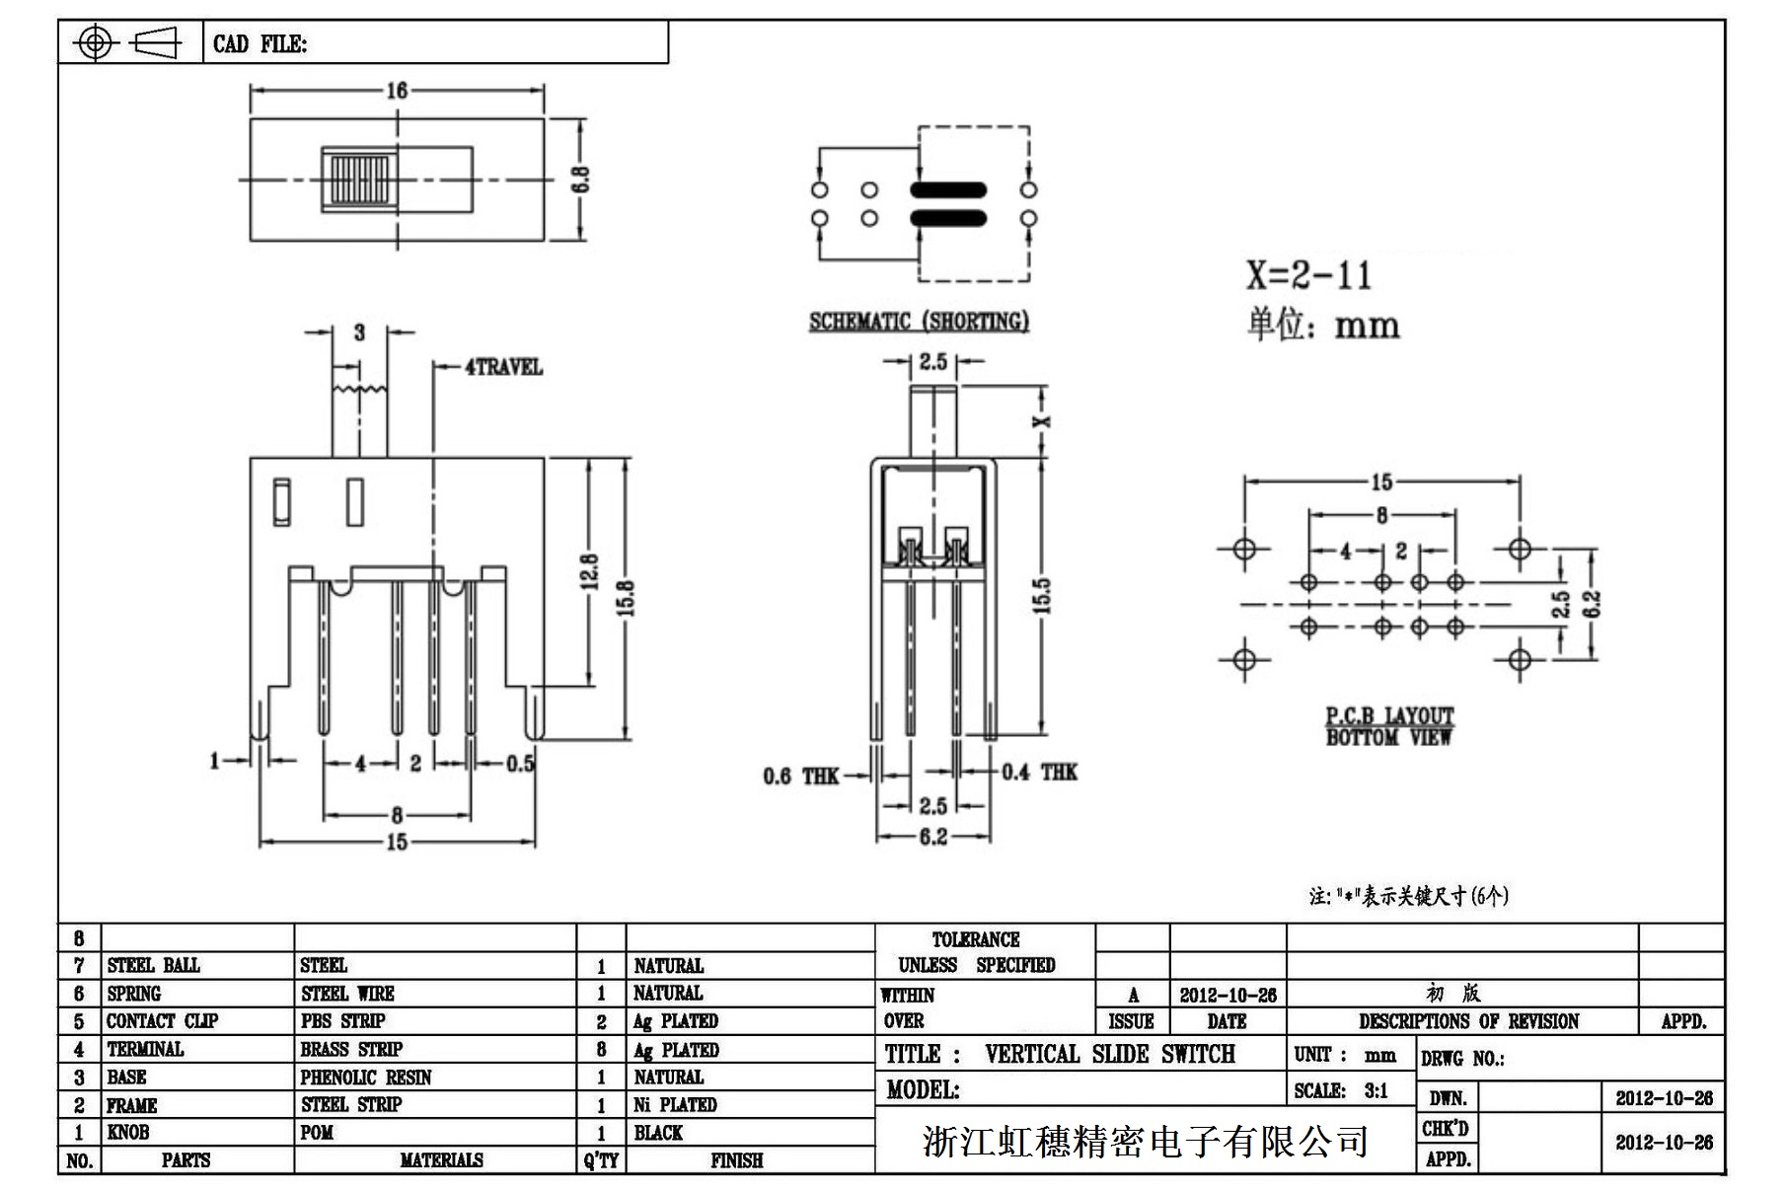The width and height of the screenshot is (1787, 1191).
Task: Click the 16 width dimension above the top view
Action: pos(397,91)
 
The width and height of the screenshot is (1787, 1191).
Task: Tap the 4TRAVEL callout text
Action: pos(503,367)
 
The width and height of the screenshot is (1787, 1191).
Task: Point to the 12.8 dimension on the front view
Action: pos(589,572)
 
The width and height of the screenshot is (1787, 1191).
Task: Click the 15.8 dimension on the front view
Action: pos(626,598)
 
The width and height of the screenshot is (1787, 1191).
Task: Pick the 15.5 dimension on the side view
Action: pos(1043,596)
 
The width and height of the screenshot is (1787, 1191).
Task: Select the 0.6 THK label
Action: pos(800,777)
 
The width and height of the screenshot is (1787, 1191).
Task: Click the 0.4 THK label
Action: pos(1040,772)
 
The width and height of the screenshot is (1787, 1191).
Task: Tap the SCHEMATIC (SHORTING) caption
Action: pos(919,322)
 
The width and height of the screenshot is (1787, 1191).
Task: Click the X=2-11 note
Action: pos(1308,275)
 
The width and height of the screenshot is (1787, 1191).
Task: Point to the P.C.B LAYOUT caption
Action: pos(1389,715)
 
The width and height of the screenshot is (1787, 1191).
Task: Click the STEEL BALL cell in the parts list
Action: pos(154,965)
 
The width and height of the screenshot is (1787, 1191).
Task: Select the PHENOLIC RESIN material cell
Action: pos(366,1078)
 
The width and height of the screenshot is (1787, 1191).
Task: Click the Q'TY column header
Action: pos(601,1160)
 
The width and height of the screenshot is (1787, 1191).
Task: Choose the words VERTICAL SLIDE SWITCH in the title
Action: pos(1109,1055)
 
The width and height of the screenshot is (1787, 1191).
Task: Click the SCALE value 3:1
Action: pos(1376,1090)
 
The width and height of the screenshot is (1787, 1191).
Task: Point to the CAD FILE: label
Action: pos(260,44)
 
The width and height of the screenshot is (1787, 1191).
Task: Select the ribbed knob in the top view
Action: pos(359,180)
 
